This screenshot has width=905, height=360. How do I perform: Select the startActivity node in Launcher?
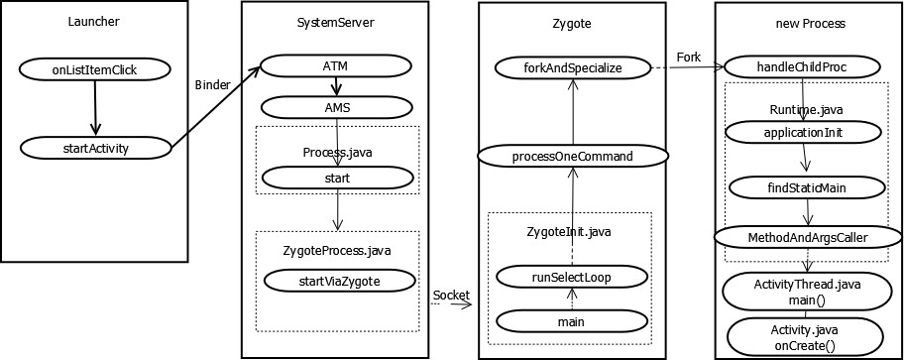click(x=95, y=149)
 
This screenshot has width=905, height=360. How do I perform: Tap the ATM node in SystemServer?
click(x=336, y=66)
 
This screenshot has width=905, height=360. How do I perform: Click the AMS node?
click(x=336, y=105)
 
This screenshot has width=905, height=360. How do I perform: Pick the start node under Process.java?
click(x=336, y=179)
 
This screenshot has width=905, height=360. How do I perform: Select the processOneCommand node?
click(x=570, y=156)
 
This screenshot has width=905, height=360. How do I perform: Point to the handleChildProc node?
click(x=804, y=66)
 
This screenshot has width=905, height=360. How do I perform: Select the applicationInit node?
click(x=804, y=130)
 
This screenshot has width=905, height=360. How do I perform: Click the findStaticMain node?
click(x=804, y=186)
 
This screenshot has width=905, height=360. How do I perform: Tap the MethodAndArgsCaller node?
click(x=808, y=238)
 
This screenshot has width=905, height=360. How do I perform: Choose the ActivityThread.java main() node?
click(x=804, y=291)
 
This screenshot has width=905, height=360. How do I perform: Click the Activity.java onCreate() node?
click(x=804, y=337)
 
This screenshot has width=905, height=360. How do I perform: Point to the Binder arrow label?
click(x=214, y=85)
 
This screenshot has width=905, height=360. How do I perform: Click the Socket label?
click(x=451, y=295)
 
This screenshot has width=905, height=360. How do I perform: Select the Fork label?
click(x=688, y=57)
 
